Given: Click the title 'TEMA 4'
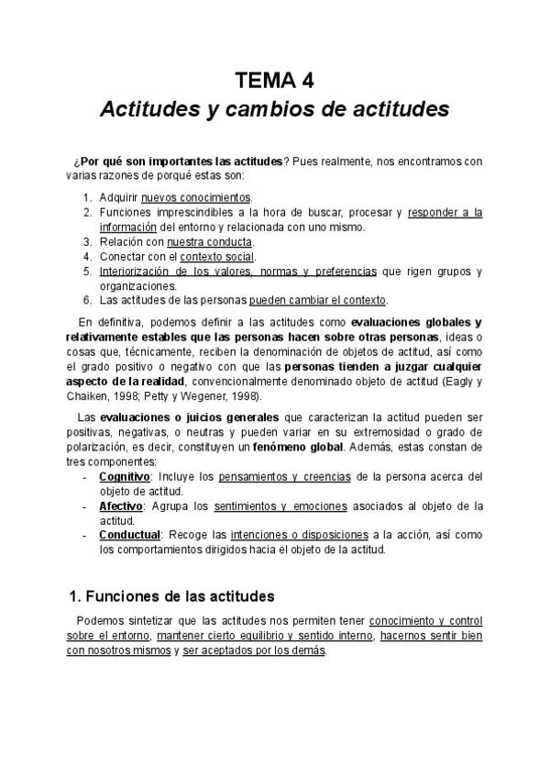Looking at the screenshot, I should (x=275, y=79).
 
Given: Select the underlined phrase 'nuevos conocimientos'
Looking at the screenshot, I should (x=196, y=198).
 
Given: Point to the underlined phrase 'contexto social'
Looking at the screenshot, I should (x=216, y=257).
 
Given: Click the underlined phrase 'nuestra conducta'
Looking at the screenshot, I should (x=209, y=242).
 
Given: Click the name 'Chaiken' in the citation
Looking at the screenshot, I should (x=90, y=396).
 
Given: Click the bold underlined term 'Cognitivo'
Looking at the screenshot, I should (x=125, y=477).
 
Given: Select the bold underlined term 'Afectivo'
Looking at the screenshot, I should (x=120, y=506).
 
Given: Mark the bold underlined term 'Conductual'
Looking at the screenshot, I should (x=129, y=535).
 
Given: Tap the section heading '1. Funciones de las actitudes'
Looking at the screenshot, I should (x=172, y=596).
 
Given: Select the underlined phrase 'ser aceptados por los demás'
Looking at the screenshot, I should (x=254, y=651).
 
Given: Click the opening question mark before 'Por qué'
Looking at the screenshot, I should (x=80, y=161).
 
